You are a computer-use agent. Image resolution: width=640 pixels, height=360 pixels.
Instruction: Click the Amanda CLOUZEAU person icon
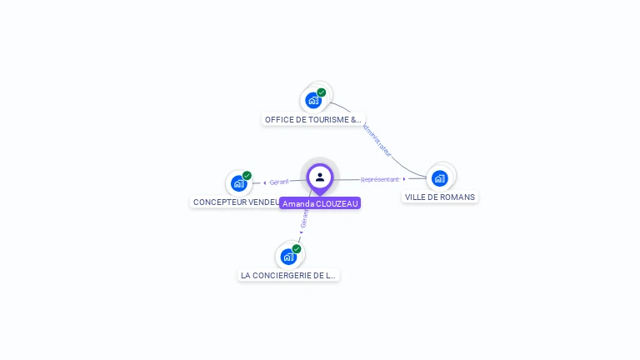320,177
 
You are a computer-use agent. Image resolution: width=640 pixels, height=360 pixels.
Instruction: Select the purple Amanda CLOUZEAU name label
320,203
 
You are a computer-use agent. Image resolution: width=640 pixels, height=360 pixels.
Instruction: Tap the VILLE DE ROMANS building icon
440,177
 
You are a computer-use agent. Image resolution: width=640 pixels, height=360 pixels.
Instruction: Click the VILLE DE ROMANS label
440,197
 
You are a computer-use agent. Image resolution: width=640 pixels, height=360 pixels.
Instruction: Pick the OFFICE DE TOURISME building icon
313,101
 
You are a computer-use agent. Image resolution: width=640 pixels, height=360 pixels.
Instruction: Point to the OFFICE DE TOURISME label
313,120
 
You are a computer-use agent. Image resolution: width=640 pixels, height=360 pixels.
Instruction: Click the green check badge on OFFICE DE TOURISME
322,92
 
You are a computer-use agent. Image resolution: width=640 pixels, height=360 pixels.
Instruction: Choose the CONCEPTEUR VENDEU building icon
239,183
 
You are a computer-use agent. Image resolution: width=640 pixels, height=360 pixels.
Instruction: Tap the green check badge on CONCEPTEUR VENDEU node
247,176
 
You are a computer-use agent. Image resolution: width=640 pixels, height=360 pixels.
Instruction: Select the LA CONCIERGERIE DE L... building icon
288,257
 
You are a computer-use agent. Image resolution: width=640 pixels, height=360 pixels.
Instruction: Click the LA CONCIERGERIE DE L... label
288,276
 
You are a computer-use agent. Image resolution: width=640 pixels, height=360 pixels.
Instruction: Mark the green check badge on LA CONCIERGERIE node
297,249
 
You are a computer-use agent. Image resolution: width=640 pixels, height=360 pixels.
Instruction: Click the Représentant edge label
379,179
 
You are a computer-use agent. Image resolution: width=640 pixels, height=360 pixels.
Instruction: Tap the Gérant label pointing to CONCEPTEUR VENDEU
278,182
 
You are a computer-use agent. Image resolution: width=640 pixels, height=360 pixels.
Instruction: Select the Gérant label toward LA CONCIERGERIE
304,218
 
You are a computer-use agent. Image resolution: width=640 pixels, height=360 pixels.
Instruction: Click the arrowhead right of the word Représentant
404,178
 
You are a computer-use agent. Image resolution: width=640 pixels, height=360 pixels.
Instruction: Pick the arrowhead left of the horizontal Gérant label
265,182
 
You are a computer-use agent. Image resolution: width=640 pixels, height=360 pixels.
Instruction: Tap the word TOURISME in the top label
322,120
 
